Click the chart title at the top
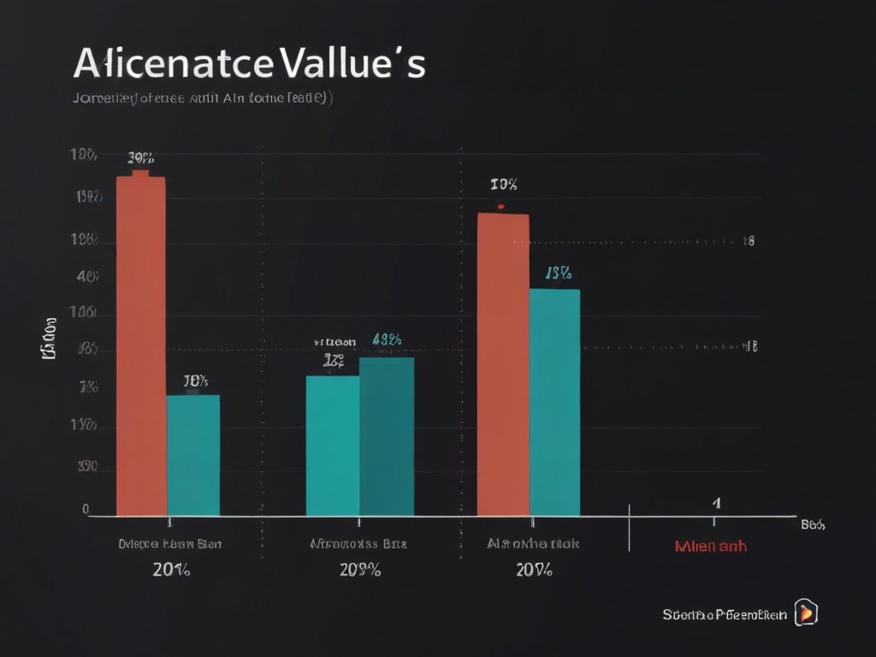click(249, 64)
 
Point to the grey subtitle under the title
click(203, 98)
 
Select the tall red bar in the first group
click(140, 342)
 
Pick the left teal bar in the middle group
click(333, 445)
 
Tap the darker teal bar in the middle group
click(387, 436)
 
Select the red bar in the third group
click(503, 364)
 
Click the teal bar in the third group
click(554, 402)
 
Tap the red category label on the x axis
click(710, 546)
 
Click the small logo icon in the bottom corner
click(806, 613)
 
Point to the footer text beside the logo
click(725, 614)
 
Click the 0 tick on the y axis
click(86, 509)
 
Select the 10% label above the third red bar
click(504, 184)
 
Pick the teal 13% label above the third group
click(558, 274)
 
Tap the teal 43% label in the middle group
click(388, 340)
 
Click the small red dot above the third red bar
click(500, 206)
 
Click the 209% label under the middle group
click(360, 571)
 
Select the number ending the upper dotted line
click(749, 241)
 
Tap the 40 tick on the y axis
click(86, 277)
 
